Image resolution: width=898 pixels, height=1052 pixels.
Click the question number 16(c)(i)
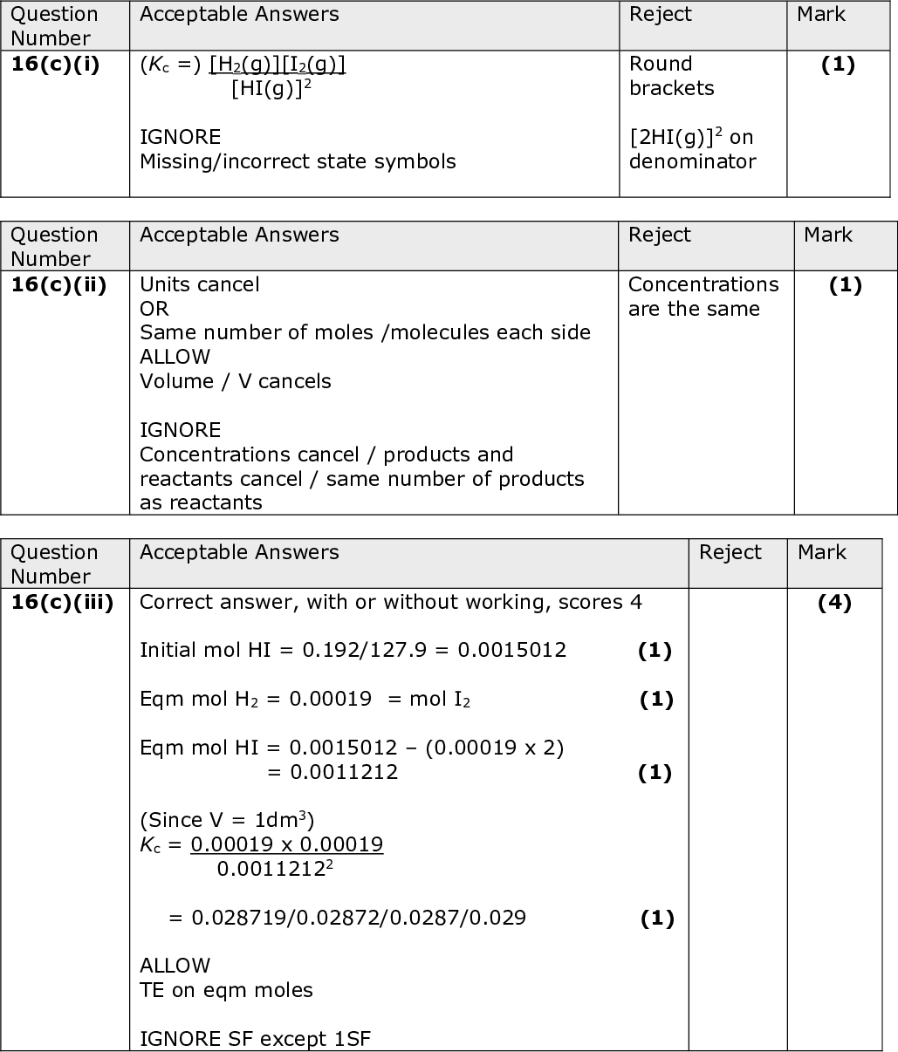[x=55, y=65]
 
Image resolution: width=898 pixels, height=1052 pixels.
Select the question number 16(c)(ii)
[x=58, y=285]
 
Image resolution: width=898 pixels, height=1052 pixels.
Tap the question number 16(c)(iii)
[x=62, y=603]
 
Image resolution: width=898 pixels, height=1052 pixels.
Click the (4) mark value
[x=834, y=603]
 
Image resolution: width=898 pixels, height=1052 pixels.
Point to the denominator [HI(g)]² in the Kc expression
[x=271, y=88]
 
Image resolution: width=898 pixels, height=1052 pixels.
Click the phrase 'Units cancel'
[x=199, y=284]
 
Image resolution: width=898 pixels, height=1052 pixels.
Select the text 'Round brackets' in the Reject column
[x=671, y=76]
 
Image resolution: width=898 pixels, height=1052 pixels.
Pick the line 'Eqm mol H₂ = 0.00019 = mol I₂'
[x=305, y=699]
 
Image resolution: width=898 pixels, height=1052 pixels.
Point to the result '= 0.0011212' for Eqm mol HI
[x=332, y=772]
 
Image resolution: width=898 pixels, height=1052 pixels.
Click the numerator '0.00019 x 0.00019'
[x=287, y=844]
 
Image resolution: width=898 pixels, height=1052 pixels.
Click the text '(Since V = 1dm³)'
[x=227, y=820]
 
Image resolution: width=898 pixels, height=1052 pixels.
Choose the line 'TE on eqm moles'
[x=226, y=990]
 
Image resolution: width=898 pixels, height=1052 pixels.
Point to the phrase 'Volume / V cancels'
[x=236, y=381]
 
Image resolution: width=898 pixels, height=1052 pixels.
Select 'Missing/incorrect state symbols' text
[x=298, y=161]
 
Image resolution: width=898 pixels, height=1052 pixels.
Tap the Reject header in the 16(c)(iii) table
[x=730, y=552]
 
